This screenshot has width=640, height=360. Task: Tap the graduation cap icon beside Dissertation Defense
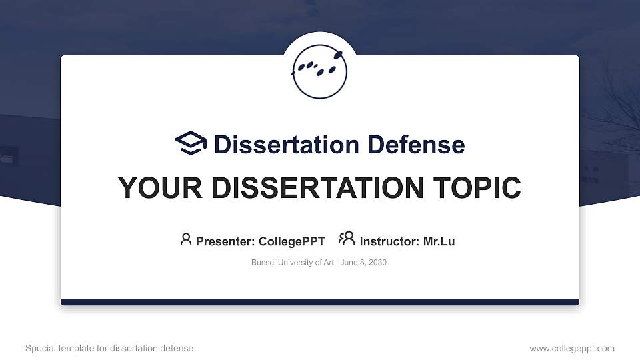point(191,144)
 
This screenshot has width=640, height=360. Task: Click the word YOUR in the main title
point(151,188)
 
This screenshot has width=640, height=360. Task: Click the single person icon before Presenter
point(186,239)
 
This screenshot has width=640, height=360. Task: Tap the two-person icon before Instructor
point(347,239)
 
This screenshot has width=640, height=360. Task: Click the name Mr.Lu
point(439,241)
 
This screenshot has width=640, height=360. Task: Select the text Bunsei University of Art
point(293,263)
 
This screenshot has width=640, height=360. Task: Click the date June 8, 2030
point(365,263)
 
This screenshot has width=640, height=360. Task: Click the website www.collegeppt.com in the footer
point(572,348)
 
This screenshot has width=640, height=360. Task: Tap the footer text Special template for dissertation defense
point(109,348)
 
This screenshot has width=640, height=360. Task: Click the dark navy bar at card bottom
point(320,302)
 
